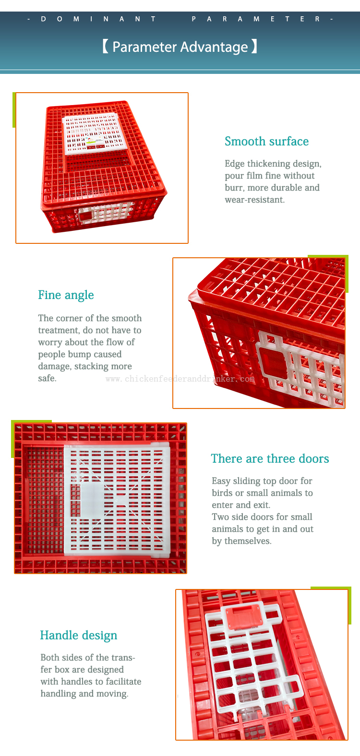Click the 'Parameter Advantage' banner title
[180, 47]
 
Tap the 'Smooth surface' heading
[266, 141]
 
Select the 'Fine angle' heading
[66, 295]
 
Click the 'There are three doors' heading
[270, 459]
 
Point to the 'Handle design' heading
[79, 636]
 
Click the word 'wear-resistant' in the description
[254, 200]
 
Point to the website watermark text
[180, 379]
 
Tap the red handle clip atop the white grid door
[244, 616]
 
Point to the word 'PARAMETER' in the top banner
[256, 19]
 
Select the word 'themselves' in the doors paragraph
[248, 541]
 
